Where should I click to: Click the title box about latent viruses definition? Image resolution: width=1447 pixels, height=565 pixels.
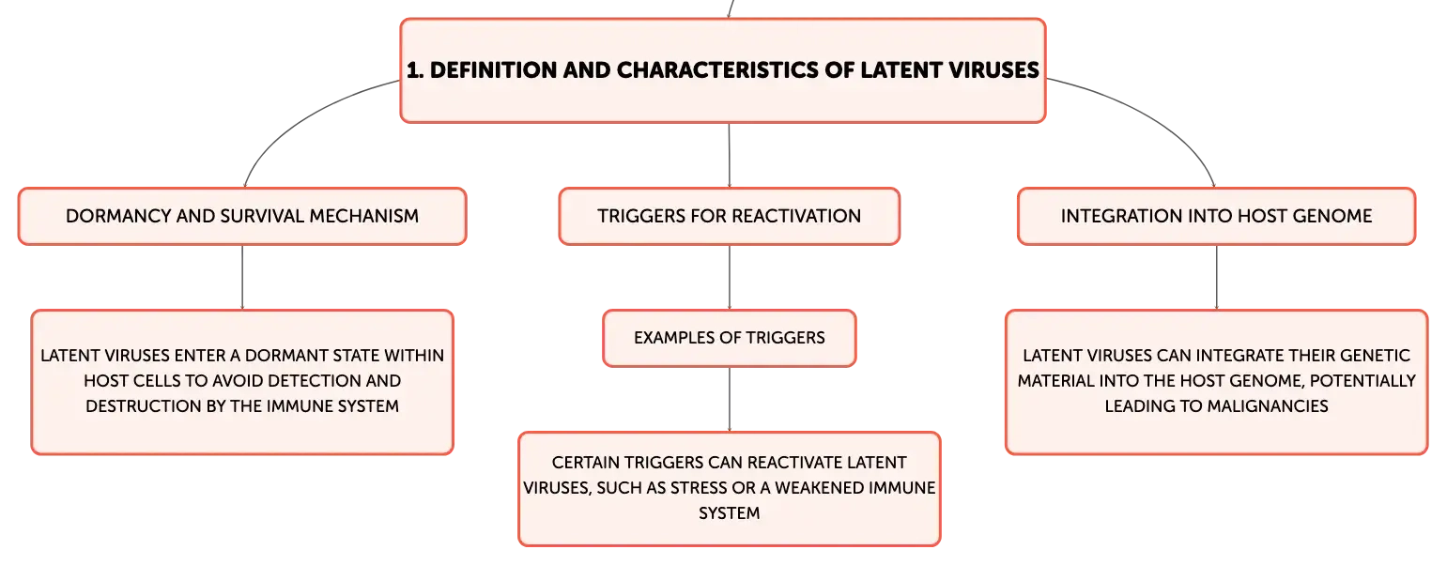[x=723, y=70]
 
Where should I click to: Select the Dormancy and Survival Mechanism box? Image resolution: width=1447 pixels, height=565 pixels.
[x=242, y=216]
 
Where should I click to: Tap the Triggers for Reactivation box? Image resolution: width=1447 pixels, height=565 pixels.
[x=730, y=216]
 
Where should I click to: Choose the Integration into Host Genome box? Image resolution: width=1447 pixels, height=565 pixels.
[x=1216, y=216]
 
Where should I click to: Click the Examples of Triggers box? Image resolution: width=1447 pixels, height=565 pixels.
[x=730, y=339]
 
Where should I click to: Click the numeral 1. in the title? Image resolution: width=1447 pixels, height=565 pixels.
[x=415, y=69]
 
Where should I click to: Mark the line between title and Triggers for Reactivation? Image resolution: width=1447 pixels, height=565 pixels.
[x=730, y=155]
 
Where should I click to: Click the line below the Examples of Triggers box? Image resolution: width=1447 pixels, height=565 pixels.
[x=730, y=399]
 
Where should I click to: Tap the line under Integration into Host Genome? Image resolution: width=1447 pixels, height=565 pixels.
[x=1216, y=277]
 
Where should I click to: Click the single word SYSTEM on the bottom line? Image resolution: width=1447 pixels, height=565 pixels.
[x=730, y=512]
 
